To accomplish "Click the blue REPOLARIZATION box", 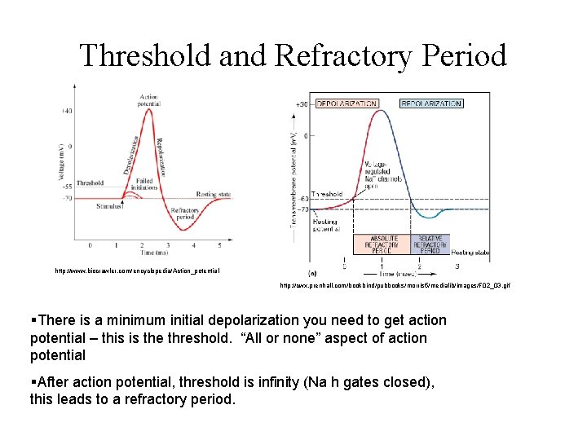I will [431, 103].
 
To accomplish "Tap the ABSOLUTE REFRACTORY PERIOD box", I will [381, 244].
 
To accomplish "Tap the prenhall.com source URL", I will [395, 286].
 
